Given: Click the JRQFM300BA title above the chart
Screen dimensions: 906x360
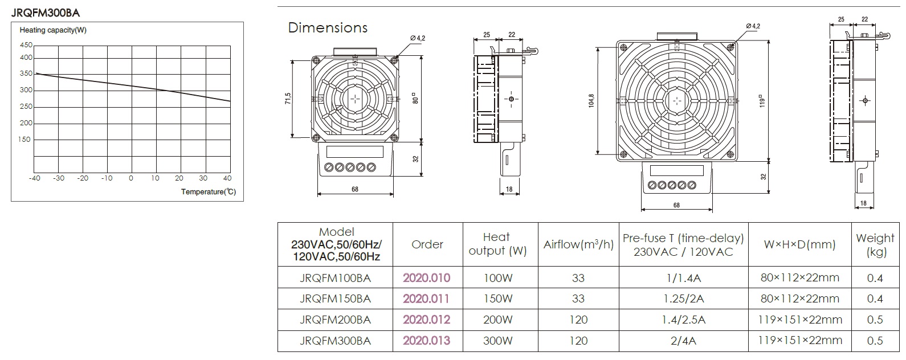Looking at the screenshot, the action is click(46, 13).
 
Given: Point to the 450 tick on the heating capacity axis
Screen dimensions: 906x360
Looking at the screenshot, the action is click(26, 45).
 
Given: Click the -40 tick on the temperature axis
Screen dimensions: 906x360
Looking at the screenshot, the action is click(34, 178).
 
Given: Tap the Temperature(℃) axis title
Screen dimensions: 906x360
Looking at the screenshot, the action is click(209, 192).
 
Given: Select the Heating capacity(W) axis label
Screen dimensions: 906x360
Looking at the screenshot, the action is click(53, 30).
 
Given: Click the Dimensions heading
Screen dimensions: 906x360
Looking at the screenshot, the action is click(328, 27).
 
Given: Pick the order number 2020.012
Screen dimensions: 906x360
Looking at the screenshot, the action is click(426, 320).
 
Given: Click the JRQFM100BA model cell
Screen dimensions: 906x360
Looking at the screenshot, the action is click(335, 278).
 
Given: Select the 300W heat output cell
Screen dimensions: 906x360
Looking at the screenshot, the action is click(498, 341).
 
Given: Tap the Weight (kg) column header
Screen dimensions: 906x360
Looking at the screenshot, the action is click(875, 245).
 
